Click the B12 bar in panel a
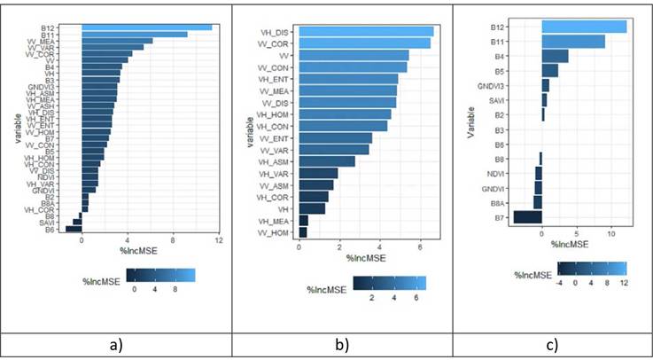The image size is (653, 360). pos(146,27)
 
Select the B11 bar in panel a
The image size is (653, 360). pos(134,34)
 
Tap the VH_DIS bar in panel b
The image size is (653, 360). pos(366,31)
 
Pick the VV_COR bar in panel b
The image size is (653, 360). pos(364,43)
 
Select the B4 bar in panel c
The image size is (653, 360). pos(555,56)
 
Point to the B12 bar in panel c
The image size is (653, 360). pos(584,27)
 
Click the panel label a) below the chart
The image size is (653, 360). pos(115,343)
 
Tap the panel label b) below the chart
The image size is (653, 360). pos(344,343)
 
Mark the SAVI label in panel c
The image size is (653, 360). pos(524,100)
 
